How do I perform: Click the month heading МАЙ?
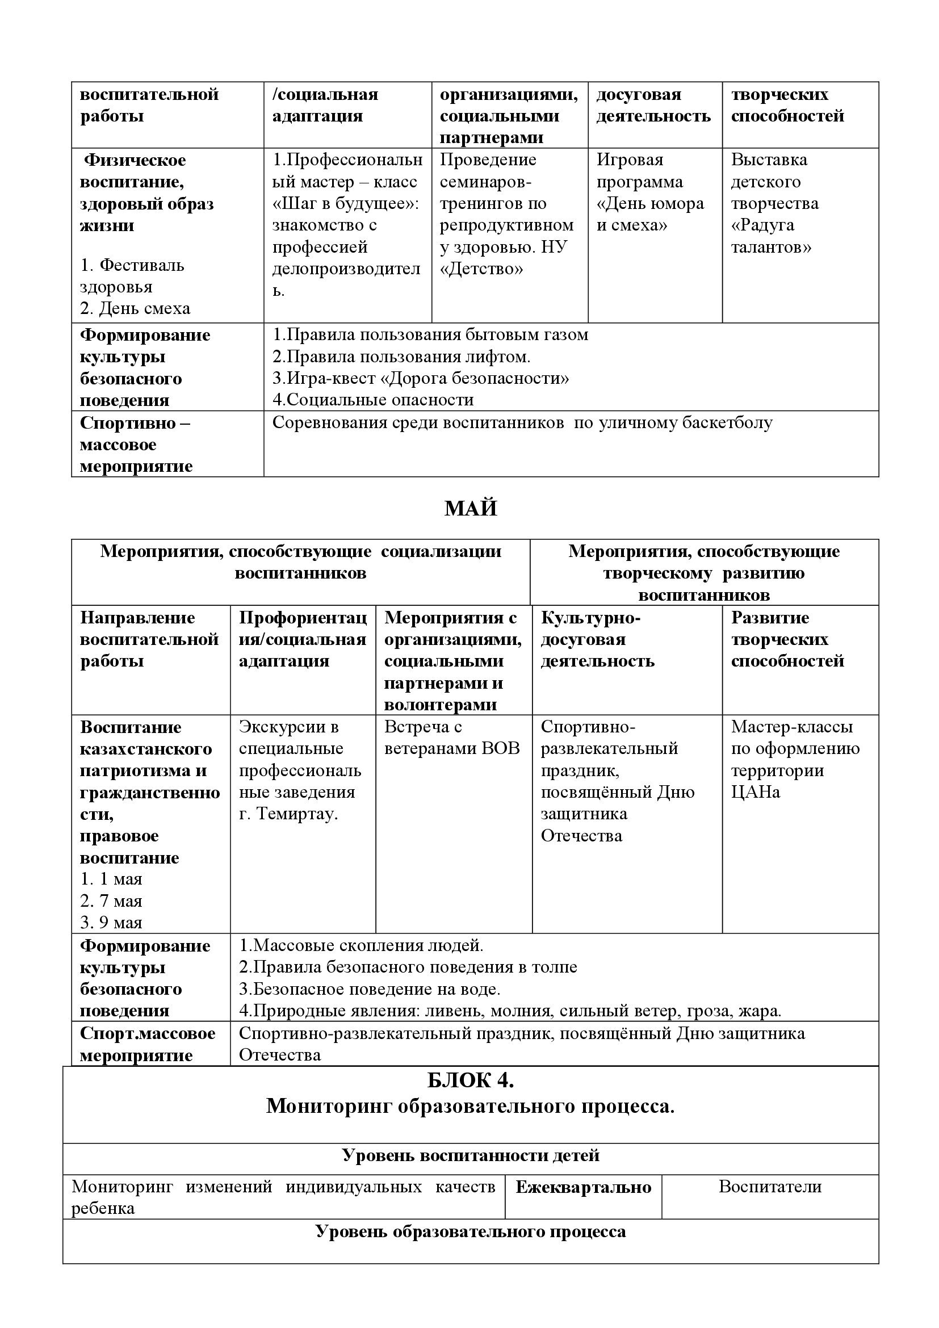click(470, 508)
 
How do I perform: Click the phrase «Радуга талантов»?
click(771, 236)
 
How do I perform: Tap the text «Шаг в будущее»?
click(345, 204)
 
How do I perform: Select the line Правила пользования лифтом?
click(401, 357)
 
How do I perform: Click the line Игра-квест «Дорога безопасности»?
click(420, 379)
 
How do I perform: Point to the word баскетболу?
click(727, 423)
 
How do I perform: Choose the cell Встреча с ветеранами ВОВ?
click(451, 738)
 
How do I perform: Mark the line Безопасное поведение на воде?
click(370, 989)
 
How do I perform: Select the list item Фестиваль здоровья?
click(132, 276)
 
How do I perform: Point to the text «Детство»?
click(481, 269)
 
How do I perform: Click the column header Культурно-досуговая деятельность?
click(597, 639)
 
